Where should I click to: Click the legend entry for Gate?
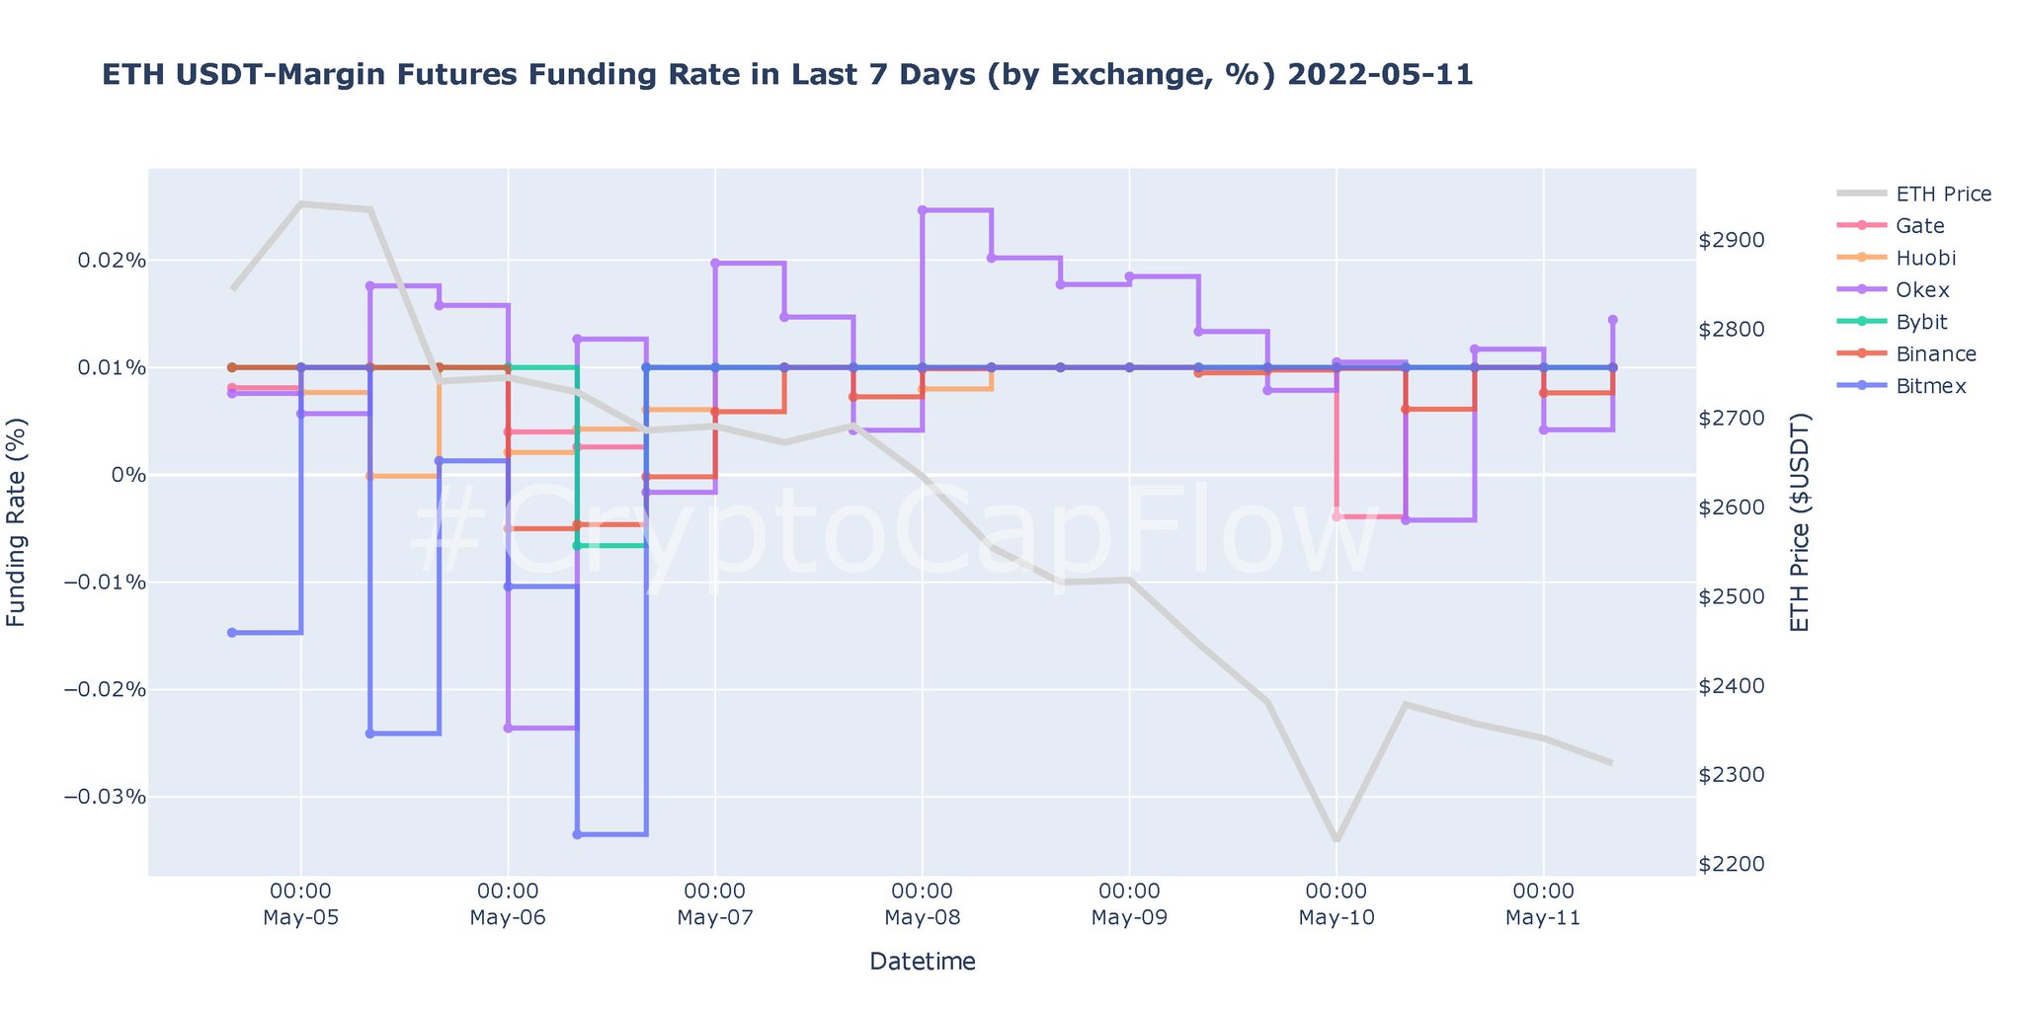(x=1919, y=226)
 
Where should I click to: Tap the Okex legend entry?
(x=1921, y=290)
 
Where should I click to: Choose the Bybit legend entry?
(x=1921, y=322)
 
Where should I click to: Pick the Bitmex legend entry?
(x=1930, y=386)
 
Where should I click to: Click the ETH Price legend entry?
(x=1943, y=194)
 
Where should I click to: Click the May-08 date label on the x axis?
(x=922, y=918)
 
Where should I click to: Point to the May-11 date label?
(x=1543, y=918)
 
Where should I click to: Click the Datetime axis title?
(x=922, y=961)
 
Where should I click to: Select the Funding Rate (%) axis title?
(x=17, y=521)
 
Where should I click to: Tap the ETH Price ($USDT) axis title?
(x=1801, y=521)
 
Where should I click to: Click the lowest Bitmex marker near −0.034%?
(x=577, y=834)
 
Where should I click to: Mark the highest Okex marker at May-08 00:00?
(x=922, y=210)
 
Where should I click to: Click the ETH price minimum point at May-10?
(x=1335, y=839)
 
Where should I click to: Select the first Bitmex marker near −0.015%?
(x=232, y=633)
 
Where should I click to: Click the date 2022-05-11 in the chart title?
(x=1380, y=75)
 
